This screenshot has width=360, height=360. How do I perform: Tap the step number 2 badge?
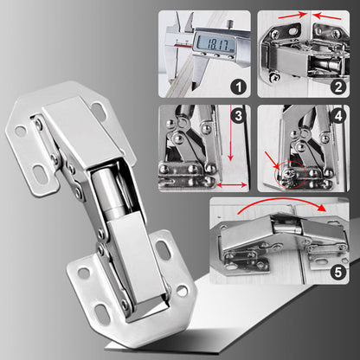click(x=337, y=85)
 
